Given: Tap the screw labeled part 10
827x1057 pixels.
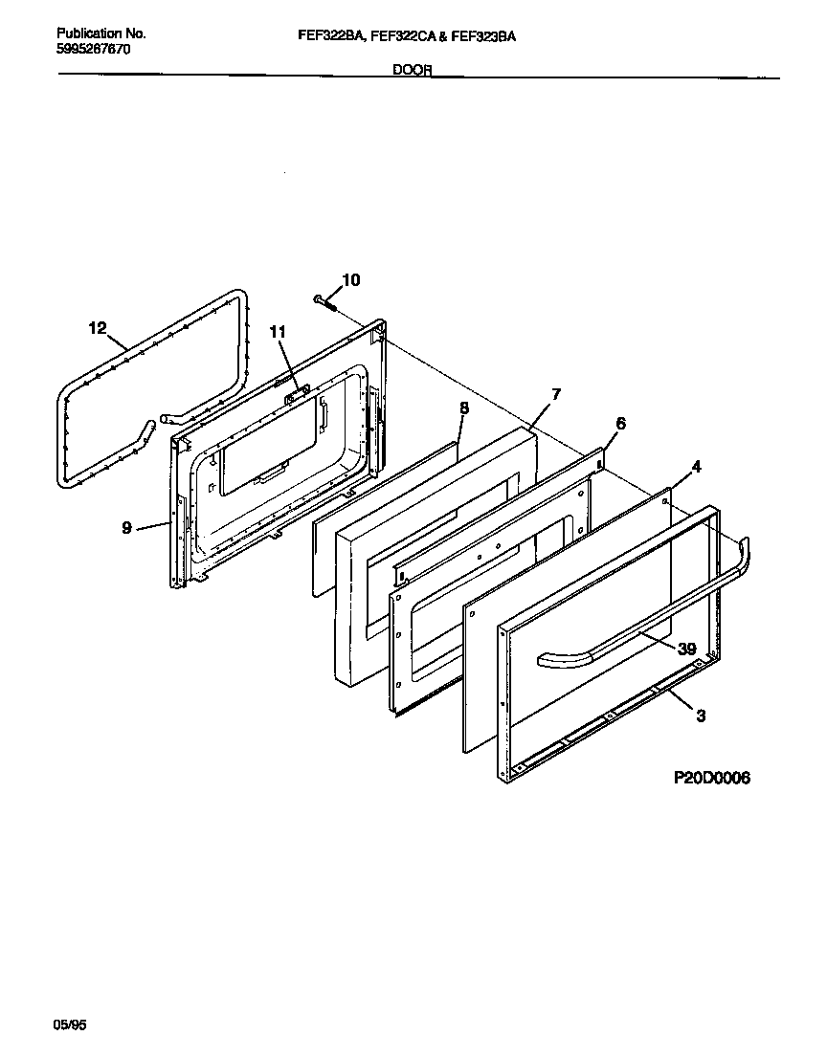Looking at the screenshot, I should click(323, 302).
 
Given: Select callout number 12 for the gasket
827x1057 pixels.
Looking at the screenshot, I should click(97, 328).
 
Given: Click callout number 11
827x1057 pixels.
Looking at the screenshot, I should click(278, 332).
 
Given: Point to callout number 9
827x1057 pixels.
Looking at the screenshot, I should click(127, 526).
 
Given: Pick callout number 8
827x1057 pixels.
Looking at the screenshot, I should click(464, 407).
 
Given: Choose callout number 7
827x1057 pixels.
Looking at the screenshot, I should click(555, 394).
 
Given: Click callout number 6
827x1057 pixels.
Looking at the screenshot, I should click(620, 424).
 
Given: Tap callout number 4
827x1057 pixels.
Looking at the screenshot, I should click(697, 467).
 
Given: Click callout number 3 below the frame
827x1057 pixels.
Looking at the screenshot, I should click(701, 716).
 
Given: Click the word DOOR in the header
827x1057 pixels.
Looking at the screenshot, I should click(413, 70).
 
